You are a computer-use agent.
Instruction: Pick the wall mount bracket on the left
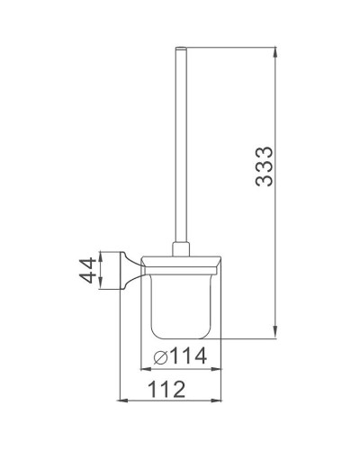pyautogui.click(x=125, y=271)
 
